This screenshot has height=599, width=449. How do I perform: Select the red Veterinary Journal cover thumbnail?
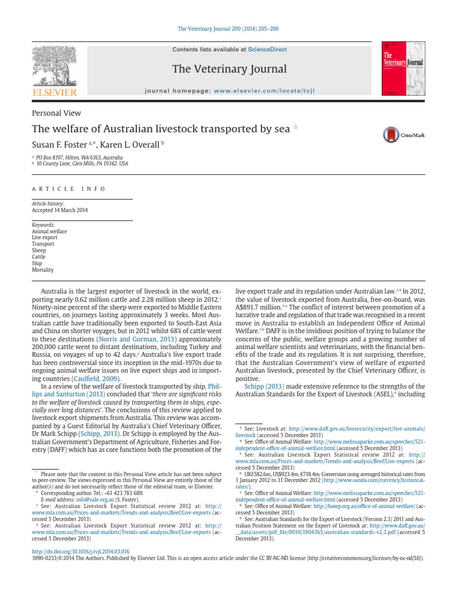click(x=403, y=68)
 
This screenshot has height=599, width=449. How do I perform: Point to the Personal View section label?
click(x=56, y=113)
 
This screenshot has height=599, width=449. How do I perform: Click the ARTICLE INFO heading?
click(x=69, y=189)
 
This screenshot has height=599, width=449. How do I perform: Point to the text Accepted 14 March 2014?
click(x=60, y=210)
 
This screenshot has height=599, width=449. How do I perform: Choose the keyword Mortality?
click(x=43, y=270)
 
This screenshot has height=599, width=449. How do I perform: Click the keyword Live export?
click(x=45, y=238)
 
